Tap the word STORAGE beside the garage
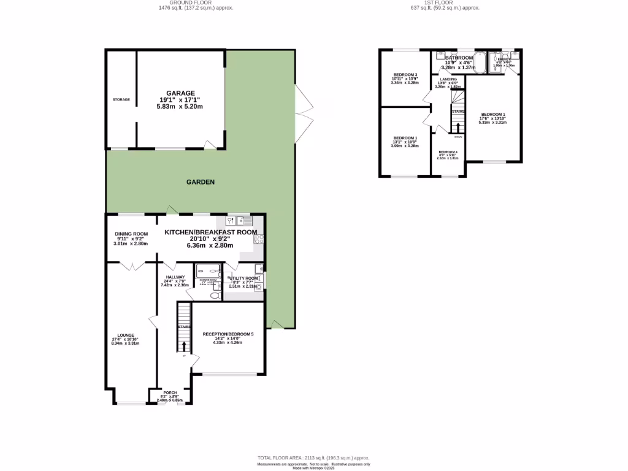click(x=121, y=99)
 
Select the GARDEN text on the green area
click(x=201, y=182)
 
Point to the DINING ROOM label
click(x=132, y=234)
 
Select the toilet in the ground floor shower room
click(x=214, y=296)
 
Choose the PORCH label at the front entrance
click(x=170, y=392)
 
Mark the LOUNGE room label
click(x=126, y=335)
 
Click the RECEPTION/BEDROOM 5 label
click(x=228, y=334)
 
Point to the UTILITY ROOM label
click(x=244, y=278)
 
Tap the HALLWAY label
click(x=174, y=277)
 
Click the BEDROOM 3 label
click(x=405, y=74)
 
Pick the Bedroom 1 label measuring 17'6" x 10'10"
click(x=493, y=115)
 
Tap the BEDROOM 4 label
click(x=447, y=152)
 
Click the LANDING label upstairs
click(x=448, y=79)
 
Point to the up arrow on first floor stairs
click(x=457, y=126)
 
